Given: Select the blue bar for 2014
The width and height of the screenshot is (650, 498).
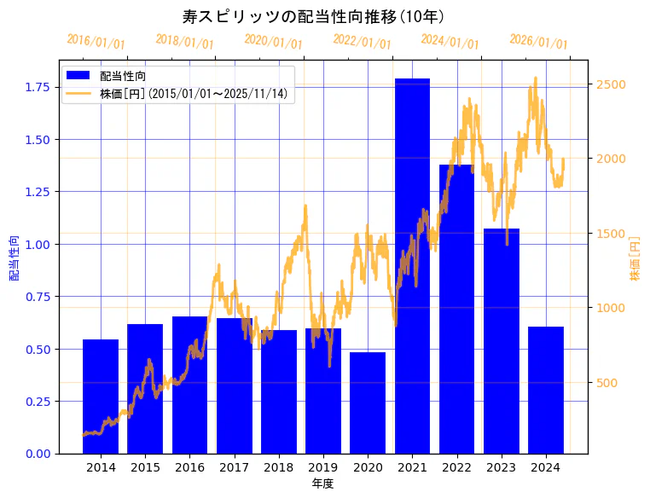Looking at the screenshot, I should pyautogui.click(x=101, y=397).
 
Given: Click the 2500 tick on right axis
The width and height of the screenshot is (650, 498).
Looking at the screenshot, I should pyautogui.click(x=612, y=84).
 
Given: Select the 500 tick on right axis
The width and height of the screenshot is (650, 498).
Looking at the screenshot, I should pyautogui.click(x=609, y=383).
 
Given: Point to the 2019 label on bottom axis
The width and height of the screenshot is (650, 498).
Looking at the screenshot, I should pyautogui.click(x=323, y=467).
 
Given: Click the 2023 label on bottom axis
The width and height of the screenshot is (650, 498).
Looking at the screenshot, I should pyautogui.click(x=501, y=467).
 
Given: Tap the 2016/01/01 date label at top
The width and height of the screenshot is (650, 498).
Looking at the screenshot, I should pyautogui.click(x=96, y=42).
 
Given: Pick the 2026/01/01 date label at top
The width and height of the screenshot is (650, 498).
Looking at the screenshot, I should pyautogui.click(x=538, y=42).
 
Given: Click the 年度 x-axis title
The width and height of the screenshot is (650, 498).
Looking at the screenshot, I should pyautogui.click(x=322, y=484).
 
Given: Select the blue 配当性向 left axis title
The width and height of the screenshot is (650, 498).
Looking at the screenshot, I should pyautogui.click(x=15, y=258).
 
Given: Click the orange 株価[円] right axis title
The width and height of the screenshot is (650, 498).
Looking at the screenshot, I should pyautogui.click(x=635, y=258).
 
